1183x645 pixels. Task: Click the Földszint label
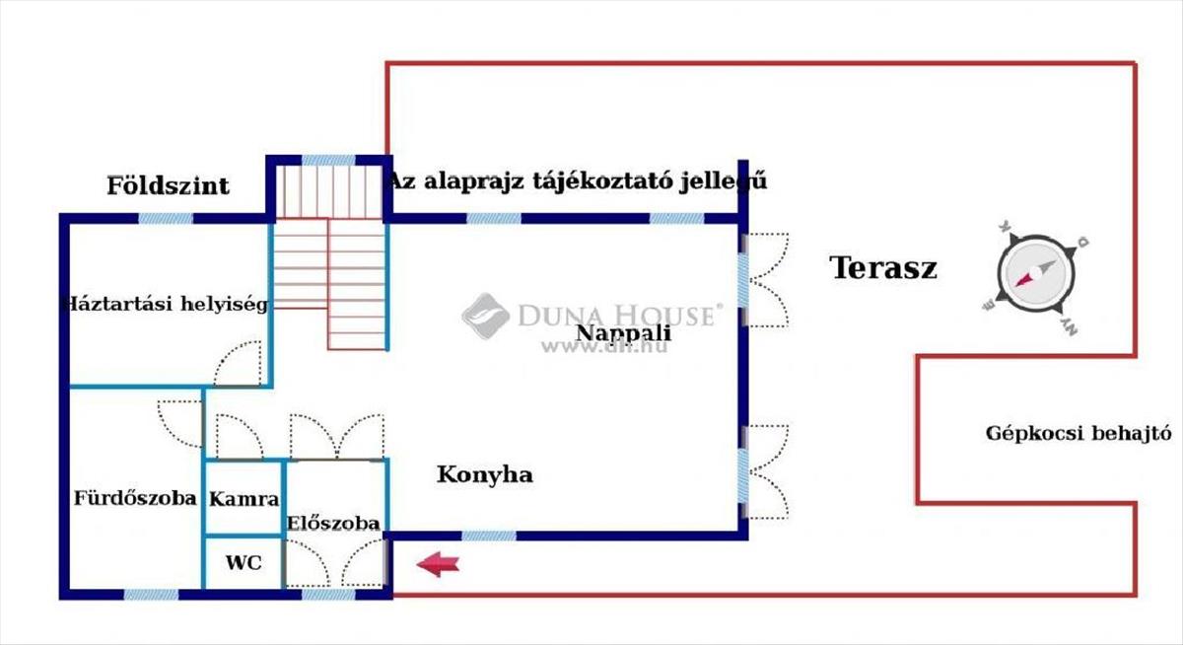(x=169, y=185)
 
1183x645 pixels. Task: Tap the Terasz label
(x=883, y=267)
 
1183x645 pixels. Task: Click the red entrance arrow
(x=438, y=564)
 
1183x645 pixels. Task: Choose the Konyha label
(x=485, y=475)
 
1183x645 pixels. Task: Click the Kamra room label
(x=244, y=499)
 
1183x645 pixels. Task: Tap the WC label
(x=244, y=563)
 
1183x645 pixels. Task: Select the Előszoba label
(x=333, y=523)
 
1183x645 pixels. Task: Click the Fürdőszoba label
(x=135, y=498)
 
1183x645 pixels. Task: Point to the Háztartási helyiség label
(x=164, y=304)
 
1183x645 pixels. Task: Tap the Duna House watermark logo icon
(x=485, y=315)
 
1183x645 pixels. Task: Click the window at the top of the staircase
(x=327, y=160)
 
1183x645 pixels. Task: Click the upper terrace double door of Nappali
(x=765, y=280)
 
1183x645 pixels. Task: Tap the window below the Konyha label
(x=488, y=536)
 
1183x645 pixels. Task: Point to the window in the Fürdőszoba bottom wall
(x=151, y=595)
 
